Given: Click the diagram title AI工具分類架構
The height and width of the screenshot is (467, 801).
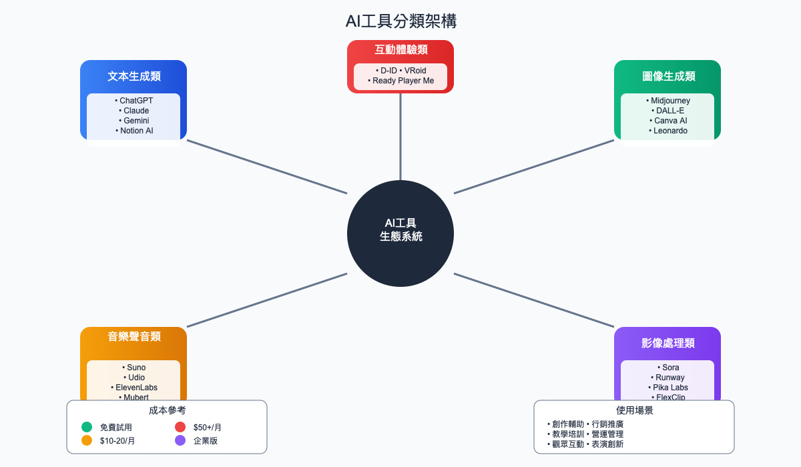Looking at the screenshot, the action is click(400, 21).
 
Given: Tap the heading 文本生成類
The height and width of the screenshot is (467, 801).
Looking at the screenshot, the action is click(133, 76).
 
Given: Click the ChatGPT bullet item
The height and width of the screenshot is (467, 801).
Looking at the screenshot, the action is click(133, 101).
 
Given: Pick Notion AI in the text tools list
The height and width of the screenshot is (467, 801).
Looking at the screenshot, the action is click(133, 131).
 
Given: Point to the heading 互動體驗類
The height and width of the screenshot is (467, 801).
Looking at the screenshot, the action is click(400, 50).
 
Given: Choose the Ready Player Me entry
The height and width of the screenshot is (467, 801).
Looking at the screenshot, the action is click(400, 81).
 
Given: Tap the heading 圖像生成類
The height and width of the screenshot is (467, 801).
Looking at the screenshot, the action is click(667, 76).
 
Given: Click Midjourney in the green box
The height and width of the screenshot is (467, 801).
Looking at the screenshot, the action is click(667, 101).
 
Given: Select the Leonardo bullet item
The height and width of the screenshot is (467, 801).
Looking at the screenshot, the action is click(667, 131).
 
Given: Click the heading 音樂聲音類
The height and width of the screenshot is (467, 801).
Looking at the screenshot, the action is click(133, 336).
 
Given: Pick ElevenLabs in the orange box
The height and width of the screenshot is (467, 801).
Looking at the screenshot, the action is click(133, 388).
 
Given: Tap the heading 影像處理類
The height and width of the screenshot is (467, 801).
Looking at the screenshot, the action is click(667, 343).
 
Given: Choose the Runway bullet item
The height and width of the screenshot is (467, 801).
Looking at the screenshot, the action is click(667, 378).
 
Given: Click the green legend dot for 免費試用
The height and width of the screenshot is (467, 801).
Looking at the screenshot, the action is click(87, 427).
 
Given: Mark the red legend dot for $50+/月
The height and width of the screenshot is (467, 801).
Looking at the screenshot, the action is click(180, 427).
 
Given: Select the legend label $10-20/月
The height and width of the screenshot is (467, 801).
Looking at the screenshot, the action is click(117, 440).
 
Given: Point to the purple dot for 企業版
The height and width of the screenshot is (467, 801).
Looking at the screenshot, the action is click(180, 440).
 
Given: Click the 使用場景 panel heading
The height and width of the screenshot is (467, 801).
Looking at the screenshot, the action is click(634, 410).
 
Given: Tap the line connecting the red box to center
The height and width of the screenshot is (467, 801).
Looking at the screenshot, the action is click(400, 137).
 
